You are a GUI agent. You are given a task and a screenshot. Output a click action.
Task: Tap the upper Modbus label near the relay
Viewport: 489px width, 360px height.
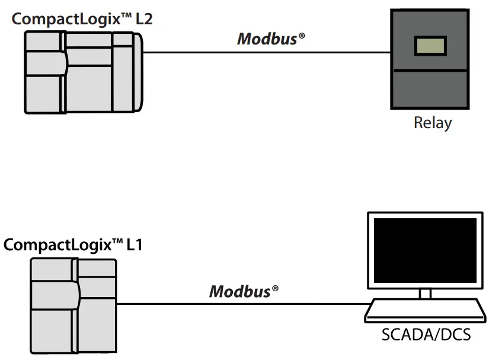[x=267, y=39]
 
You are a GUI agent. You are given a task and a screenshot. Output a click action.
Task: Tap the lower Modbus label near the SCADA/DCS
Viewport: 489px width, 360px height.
[x=239, y=291]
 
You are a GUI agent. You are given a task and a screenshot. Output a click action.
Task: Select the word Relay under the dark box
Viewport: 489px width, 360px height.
[x=432, y=123]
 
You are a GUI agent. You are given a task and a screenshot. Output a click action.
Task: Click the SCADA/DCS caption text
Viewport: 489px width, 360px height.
[x=426, y=334]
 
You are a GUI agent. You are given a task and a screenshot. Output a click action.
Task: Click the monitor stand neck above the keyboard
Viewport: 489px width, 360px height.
[x=425, y=294]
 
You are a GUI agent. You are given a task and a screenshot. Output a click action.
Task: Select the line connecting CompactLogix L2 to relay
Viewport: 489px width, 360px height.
[x=267, y=52]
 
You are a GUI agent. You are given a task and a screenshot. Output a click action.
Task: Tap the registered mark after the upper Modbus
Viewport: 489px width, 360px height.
[x=302, y=36]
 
